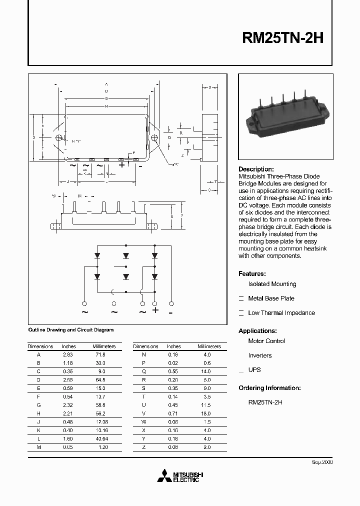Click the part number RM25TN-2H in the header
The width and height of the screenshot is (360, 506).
pos(283,38)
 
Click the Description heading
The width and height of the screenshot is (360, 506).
pos(256,169)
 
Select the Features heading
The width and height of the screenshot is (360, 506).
pos(252,274)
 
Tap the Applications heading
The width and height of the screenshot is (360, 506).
pos(257,331)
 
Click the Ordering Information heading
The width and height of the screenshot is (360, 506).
pos(269,388)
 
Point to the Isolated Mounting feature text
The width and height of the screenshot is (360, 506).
pos(272,284)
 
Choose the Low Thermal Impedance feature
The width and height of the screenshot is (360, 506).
pos(281,313)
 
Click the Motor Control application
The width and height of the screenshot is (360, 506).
pos(266,341)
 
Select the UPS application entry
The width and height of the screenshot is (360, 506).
pos(254,370)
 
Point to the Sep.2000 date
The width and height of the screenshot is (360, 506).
pos(322,463)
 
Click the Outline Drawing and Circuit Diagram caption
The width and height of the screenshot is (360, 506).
pos(70,330)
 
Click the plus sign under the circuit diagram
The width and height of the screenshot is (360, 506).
pos(155,310)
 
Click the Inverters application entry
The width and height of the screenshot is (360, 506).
pos(260,355)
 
